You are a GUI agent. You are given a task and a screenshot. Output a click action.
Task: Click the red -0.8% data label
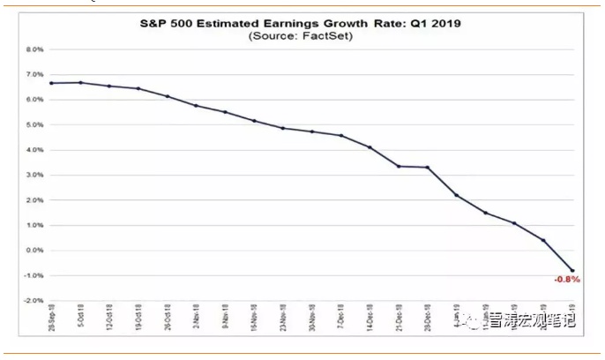tap(565, 281)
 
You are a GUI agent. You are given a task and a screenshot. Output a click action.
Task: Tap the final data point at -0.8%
tap(572, 271)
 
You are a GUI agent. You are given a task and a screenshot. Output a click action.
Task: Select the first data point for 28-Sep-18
tap(53, 83)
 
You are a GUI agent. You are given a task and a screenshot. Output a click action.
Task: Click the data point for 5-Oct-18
tap(81, 83)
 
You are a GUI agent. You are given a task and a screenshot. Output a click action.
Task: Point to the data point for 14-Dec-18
tap(370, 147)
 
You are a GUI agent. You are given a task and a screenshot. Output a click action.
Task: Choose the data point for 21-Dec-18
tap(399, 166)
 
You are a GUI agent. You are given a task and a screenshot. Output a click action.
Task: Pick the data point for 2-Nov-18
tap(197, 106)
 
